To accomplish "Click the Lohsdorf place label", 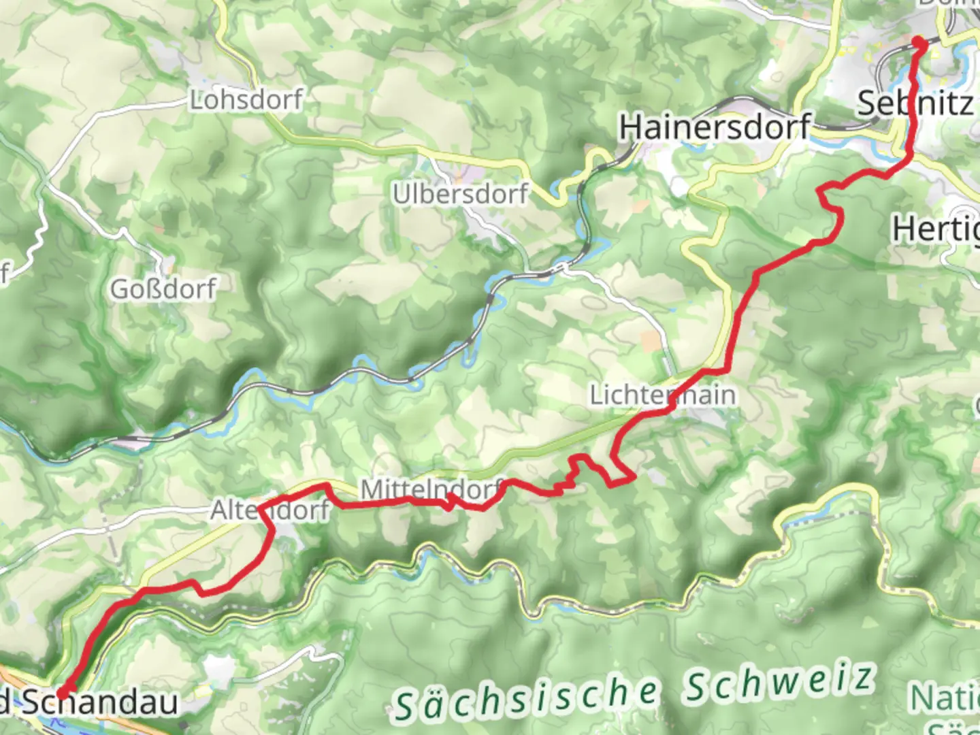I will point(246,100).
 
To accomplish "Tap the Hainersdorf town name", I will point(715,127).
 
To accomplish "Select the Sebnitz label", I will point(915,103).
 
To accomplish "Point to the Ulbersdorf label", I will point(460,194).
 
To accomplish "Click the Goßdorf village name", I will point(163,289).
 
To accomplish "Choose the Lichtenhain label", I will point(662,395).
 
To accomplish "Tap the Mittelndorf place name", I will point(431,490).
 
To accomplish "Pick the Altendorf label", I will point(270,510).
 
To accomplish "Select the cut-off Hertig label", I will point(936,229).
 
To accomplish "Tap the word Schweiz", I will point(779,683).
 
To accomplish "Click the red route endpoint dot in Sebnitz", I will point(919,43).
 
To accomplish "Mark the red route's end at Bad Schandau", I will point(63,693).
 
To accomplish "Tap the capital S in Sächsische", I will point(406,708).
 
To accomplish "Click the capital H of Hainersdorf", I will point(631,127).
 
